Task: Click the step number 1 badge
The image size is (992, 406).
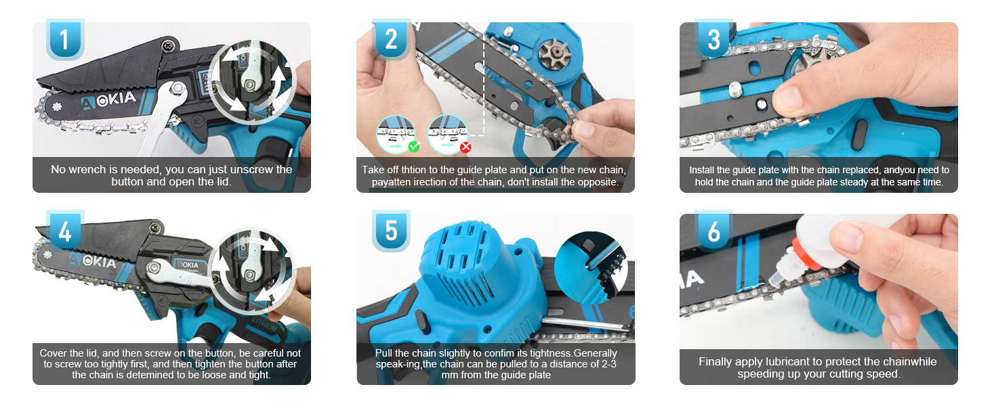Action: pos(64,40)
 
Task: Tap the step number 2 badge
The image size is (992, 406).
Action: pos(390,40)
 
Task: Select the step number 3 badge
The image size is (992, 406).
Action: pos(714,40)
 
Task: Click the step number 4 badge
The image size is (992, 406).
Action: pos(64,231)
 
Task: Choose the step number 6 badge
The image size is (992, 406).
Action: pos(714,231)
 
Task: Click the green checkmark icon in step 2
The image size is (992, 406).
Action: pos(413,146)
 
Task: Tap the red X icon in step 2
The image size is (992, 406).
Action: pos(466,147)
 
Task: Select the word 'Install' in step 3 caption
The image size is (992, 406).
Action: pos(701,170)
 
